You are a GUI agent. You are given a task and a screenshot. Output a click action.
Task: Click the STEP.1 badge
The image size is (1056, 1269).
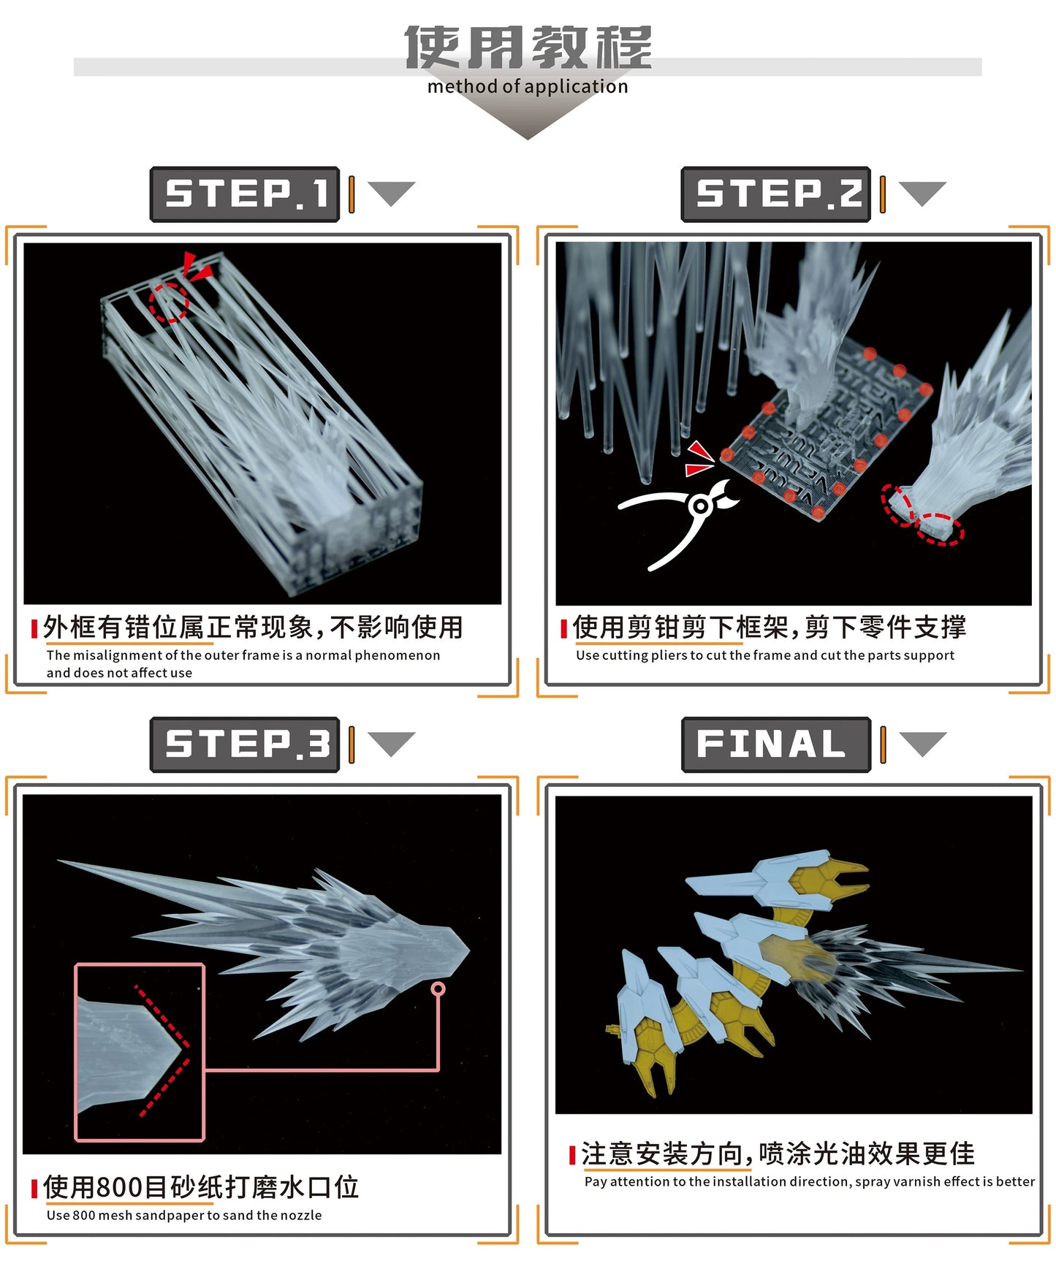pos(245,194)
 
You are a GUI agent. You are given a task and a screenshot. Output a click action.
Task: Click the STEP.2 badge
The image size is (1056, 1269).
pos(775,194)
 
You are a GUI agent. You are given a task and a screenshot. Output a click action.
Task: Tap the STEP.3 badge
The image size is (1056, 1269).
pos(245,744)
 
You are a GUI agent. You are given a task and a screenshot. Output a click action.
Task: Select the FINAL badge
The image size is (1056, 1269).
pos(775,744)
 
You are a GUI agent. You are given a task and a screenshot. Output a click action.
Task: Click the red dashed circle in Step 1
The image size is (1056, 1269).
pos(169,302)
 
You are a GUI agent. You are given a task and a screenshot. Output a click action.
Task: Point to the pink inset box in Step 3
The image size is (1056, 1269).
pos(140,1052)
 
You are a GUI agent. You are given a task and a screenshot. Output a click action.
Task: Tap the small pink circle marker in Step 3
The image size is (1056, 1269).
pos(438,988)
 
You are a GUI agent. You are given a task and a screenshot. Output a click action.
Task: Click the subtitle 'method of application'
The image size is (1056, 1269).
pos(527,87)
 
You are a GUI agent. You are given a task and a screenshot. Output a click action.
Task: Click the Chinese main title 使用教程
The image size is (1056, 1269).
pos(527,47)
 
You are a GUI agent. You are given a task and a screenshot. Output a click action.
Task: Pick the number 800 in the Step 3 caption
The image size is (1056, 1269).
pos(119,1187)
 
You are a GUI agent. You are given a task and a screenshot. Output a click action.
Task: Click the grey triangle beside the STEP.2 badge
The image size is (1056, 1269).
pos(922,193)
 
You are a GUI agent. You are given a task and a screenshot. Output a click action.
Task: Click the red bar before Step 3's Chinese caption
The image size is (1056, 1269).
pos(34,1189)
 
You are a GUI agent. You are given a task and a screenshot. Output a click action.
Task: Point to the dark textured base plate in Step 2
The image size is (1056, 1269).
pos(826,431)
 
